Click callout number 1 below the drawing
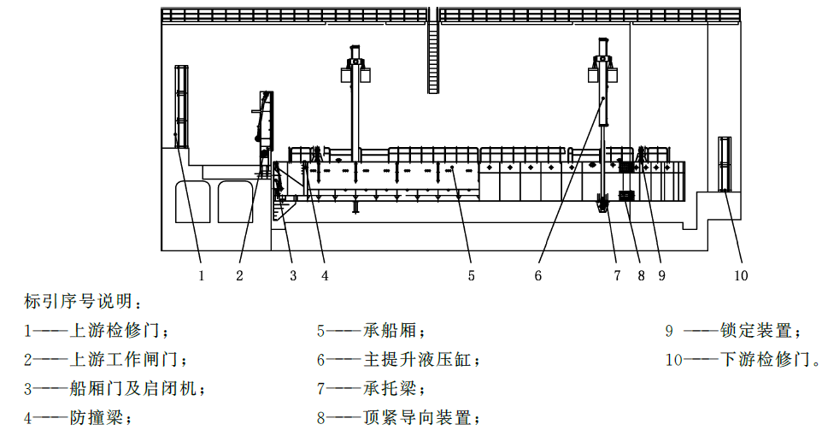[x=202, y=275]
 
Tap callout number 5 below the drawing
[x=472, y=275]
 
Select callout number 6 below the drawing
[x=537, y=275]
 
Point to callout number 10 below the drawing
[x=741, y=275]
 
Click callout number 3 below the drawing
[x=293, y=275]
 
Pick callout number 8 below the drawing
[x=641, y=275]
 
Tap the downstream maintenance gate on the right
[x=725, y=163]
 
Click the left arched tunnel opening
[x=193, y=202]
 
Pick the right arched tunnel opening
[x=236, y=202]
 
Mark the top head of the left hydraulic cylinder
[x=355, y=52]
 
